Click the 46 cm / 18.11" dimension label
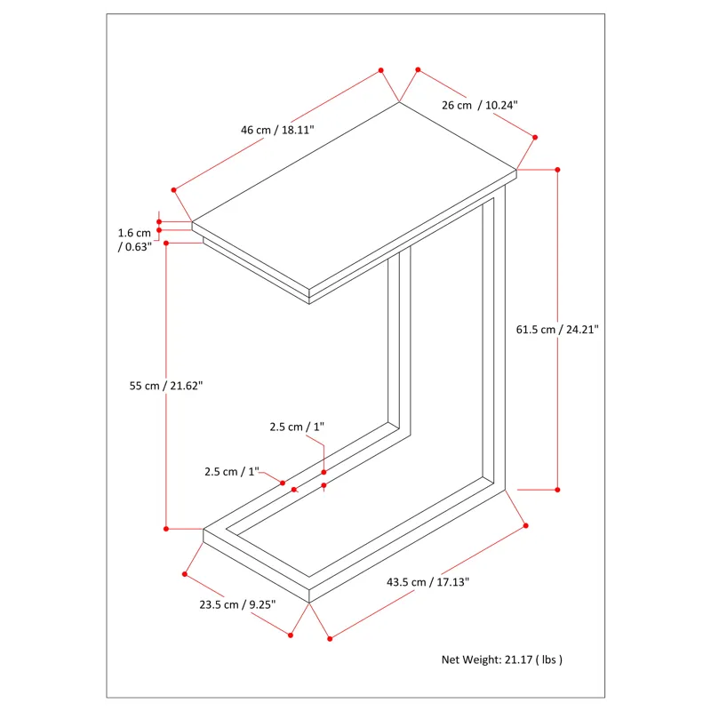[277, 130]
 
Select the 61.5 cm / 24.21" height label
[557, 329]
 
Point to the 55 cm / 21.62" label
[166, 386]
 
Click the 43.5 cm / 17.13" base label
[427, 582]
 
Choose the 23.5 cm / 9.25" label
[236, 604]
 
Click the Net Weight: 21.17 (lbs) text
[502, 659]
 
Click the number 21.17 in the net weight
[519, 659]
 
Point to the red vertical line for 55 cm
[166, 462]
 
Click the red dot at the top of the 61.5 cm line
[558, 169]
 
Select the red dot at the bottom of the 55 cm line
[166, 529]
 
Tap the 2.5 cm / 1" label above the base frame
[297, 427]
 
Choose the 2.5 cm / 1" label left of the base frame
[230, 471]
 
